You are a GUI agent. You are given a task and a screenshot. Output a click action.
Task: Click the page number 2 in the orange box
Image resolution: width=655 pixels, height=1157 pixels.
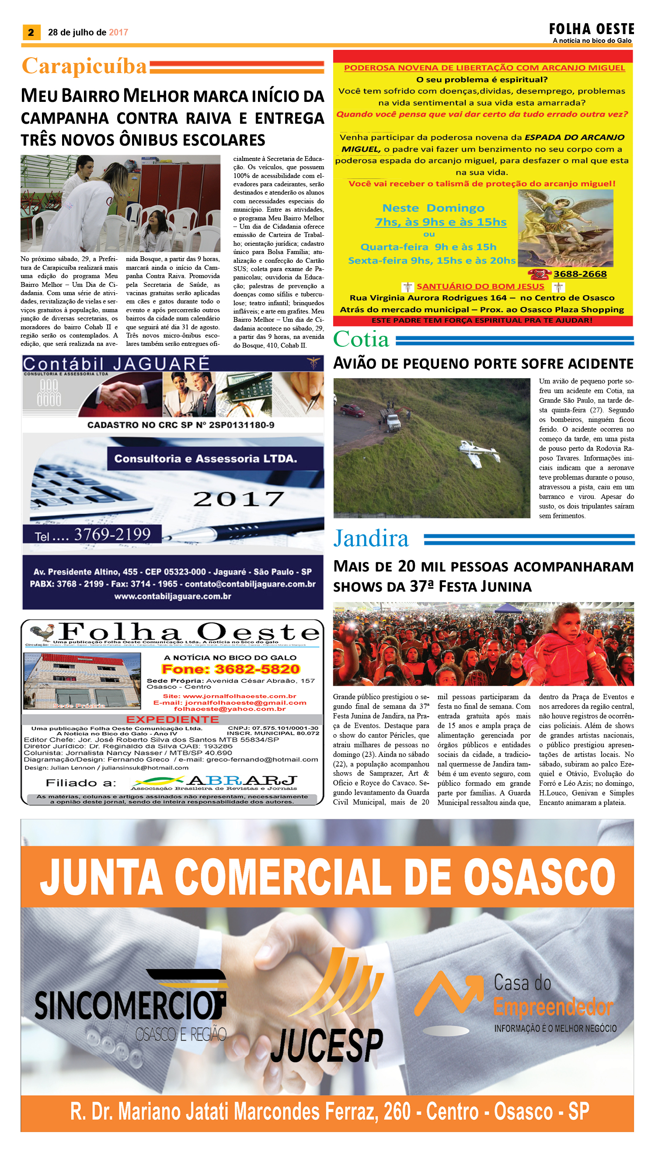[x=31, y=32]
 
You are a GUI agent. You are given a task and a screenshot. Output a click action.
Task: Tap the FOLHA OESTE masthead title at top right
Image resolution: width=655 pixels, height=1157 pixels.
[x=591, y=29]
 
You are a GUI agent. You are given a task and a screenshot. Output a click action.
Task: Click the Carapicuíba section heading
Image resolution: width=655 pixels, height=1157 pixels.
[x=84, y=66]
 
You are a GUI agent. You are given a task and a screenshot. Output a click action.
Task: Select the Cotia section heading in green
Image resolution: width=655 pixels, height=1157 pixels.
[x=361, y=339]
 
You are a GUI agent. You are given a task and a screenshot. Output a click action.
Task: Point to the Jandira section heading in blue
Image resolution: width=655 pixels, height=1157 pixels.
[x=371, y=538]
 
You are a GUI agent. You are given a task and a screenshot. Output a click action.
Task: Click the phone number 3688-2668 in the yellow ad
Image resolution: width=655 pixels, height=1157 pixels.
[x=580, y=274]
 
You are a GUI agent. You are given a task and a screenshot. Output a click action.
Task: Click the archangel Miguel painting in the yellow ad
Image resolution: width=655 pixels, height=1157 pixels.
[x=565, y=228]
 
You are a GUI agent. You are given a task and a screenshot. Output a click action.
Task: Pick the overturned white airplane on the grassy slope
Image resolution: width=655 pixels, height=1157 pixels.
[x=479, y=451]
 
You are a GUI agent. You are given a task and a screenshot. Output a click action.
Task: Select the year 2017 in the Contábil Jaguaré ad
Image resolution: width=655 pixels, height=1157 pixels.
[x=238, y=499]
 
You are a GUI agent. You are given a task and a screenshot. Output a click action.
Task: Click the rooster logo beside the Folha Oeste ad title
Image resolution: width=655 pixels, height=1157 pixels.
[x=42, y=632]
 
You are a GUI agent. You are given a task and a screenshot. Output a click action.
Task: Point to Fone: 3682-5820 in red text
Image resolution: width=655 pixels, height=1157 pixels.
[x=230, y=669]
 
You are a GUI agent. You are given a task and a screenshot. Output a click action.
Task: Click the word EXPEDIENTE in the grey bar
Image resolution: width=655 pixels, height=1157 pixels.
[x=172, y=719]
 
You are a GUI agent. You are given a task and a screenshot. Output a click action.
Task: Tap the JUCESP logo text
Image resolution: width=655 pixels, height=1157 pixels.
[x=327, y=1045]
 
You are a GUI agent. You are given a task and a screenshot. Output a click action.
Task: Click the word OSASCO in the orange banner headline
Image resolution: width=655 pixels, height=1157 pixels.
[x=539, y=877]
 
